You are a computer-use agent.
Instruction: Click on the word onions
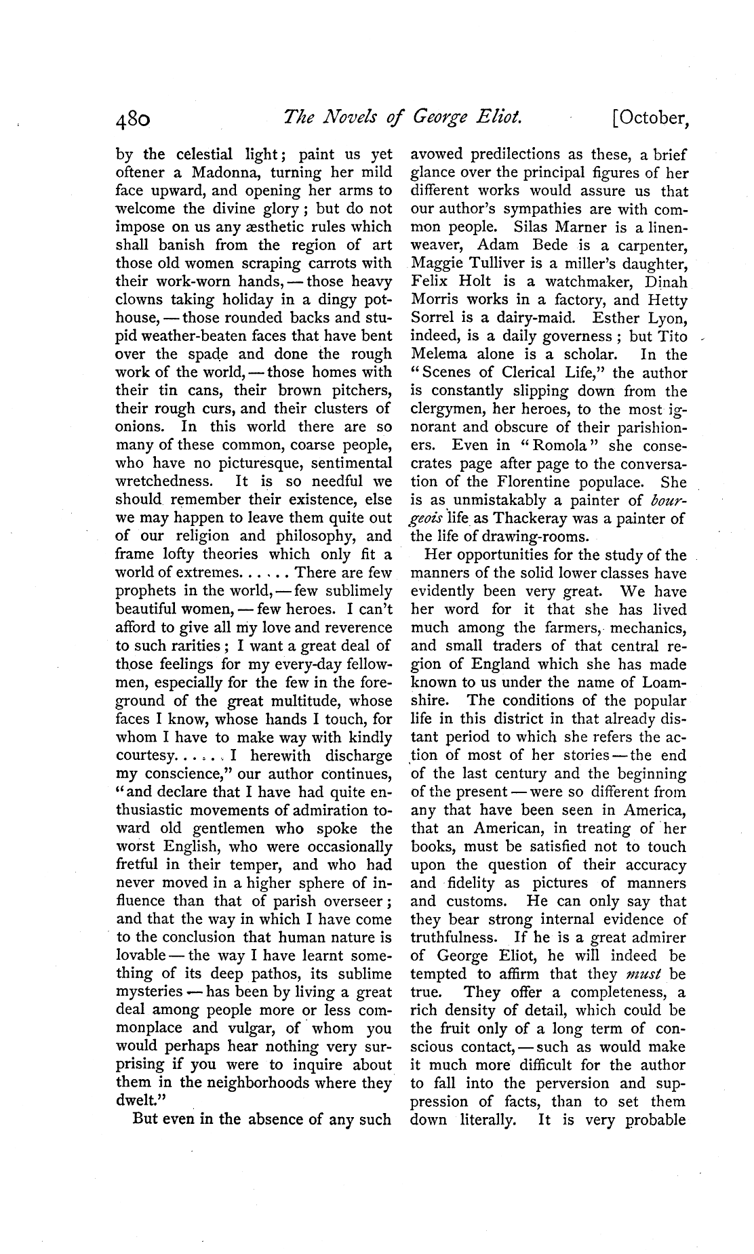(x=140, y=427)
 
